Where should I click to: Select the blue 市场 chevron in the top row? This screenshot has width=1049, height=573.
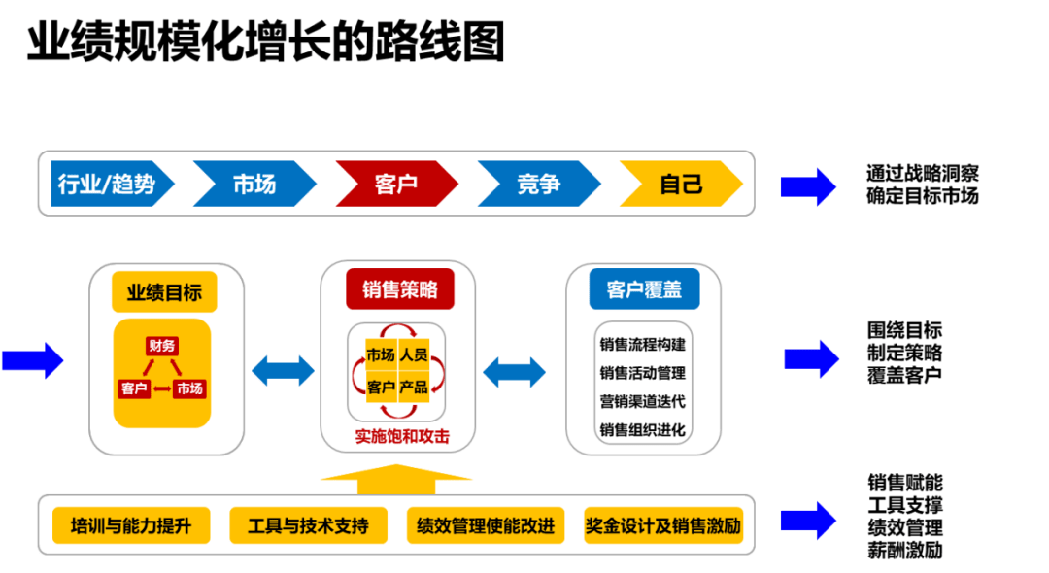point(254,184)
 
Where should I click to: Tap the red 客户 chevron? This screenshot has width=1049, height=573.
point(395,184)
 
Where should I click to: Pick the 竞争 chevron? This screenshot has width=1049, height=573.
point(538,184)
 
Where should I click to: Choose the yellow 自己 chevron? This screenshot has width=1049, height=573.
point(680,184)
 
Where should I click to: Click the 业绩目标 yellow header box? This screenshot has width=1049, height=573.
point(164,291)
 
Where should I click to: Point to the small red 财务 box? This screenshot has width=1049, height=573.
point(162,346)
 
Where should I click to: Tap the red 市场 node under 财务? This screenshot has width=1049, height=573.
point(190,388)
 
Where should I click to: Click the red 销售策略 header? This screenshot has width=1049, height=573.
point(399,289)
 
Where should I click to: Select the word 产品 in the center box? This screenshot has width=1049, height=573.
point(414,387)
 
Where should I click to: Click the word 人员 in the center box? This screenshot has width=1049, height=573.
point(414,354)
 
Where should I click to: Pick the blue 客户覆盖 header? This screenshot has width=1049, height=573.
point(643,289)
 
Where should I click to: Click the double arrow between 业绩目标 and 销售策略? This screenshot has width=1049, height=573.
point(282,370)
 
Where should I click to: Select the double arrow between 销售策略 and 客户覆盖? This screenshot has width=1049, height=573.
point(515,370)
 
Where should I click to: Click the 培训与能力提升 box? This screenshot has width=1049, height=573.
point(130,526)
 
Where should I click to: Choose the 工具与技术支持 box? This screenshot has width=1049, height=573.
point(308,526)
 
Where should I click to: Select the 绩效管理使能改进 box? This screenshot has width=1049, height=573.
point(486,526)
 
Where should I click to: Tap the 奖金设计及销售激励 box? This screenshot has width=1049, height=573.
point(663,526)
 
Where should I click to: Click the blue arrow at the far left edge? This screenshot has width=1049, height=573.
point(32,360)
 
